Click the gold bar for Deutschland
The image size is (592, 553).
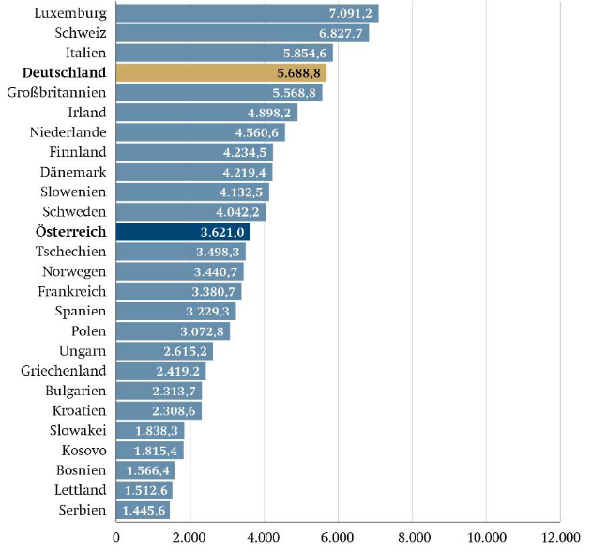pos(220,72)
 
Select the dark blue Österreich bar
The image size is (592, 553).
pos(182,231)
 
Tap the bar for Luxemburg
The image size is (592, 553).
pos(247,13)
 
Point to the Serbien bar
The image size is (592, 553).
pos(143,510)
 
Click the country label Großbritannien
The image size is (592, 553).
pos(56,93)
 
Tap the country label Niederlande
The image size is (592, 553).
pos(68,132)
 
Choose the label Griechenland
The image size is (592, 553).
pos(63,371)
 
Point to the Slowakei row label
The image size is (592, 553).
pos(77,430)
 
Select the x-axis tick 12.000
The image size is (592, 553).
pos(559,537)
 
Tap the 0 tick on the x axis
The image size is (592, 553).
pos(116,537)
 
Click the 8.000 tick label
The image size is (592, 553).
pos(412,537)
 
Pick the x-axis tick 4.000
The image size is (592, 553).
pos(264,537)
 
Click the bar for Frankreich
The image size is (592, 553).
pos(178,291)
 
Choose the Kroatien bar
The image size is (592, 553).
pos(159,410)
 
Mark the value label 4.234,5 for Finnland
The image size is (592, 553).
pos(245,152)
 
